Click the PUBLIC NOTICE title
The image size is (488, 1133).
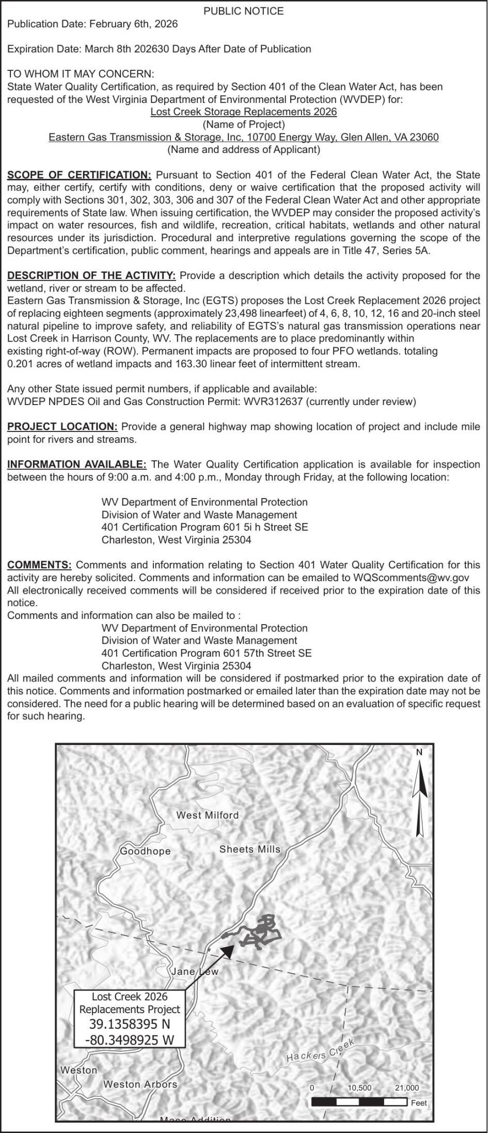(244, 11)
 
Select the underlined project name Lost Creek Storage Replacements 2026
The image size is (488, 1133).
(244, 112)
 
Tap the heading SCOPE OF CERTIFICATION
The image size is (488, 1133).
(80, 175)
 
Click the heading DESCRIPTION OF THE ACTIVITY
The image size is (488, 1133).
(91, 275)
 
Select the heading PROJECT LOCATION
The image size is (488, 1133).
(62, 427)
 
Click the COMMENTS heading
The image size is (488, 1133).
(39, 565)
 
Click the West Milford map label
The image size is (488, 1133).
(208, 815)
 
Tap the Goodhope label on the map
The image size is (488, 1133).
(145, 851)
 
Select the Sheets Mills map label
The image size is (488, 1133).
(250, 849)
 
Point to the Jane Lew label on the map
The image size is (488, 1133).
(195, 971)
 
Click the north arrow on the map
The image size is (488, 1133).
(420, 796)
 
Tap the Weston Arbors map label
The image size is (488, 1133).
(140, 1084)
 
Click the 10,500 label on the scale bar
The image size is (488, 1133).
(359, 1088)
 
